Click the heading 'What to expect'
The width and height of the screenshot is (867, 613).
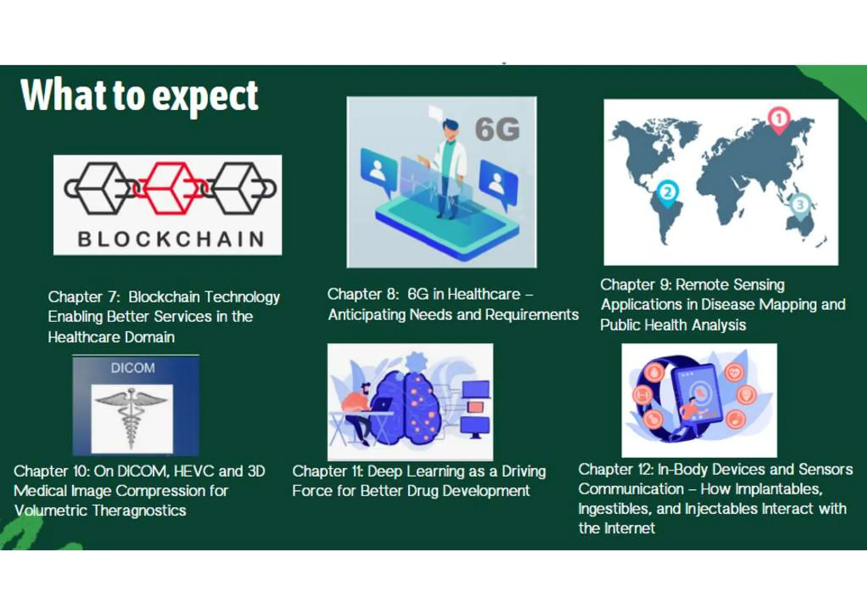click(139, 96)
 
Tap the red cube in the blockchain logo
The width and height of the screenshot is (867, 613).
click(170, 188)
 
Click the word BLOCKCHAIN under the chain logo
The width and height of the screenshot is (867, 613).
click(171, 239)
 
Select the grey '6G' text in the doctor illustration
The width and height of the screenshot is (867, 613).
click(497, 129)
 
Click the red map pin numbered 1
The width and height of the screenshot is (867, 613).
click(779, 119)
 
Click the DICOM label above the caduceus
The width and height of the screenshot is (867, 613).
click(133, 368)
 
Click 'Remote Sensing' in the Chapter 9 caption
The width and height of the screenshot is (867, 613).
click(730, 284)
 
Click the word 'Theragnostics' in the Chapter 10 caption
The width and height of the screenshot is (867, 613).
click(139, 511)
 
